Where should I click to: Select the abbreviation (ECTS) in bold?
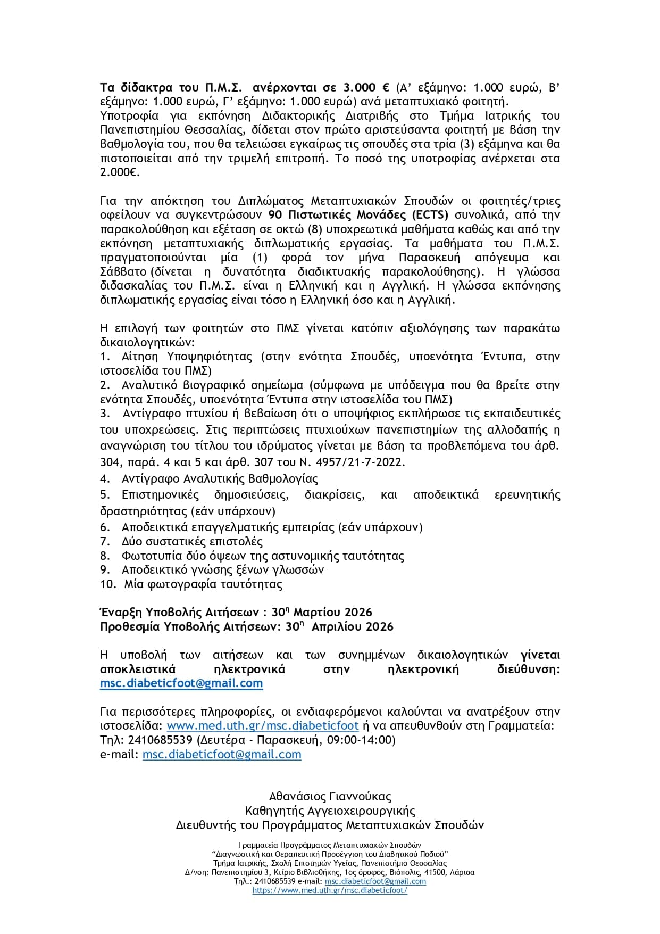[x=430, y=215]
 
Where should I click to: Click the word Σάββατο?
[x=123, y=272]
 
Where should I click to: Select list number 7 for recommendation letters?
[x=105, y=542]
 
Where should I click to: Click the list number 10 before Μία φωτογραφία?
[x=108, y=584]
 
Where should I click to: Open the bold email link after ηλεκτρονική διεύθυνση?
[x=181, y=683]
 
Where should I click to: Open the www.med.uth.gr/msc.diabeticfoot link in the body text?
[x=263, y=726]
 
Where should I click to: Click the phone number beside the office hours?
[x=161, y=740]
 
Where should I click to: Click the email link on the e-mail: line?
[x=222, y=755]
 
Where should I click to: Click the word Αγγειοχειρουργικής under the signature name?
[x=362, y=811]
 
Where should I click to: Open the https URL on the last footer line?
[x=330, y=890]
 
